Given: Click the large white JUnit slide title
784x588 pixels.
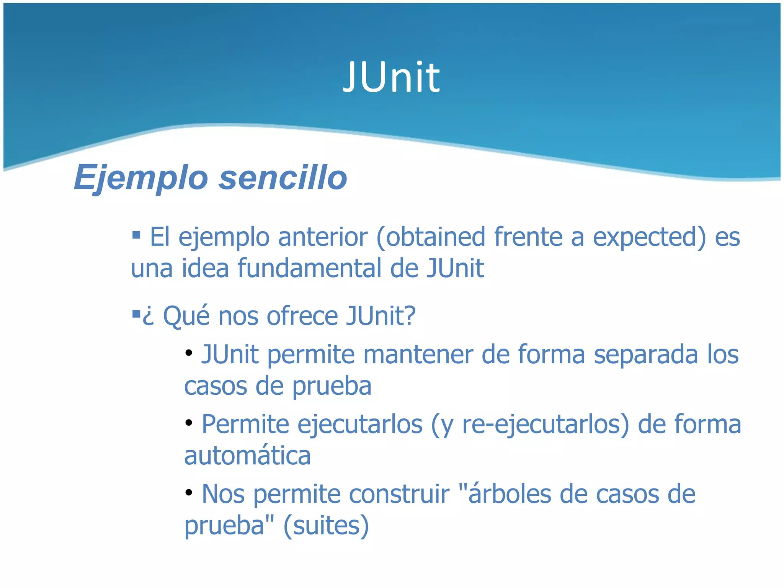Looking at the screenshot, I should click(391, 78).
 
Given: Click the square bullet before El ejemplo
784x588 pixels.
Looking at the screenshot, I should click(136, 234).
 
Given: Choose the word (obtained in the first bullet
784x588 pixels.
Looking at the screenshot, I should click(431, 237).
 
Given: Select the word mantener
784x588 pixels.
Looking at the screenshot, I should click(418, 354).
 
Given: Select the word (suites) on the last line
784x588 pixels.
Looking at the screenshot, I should click(326, 526).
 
